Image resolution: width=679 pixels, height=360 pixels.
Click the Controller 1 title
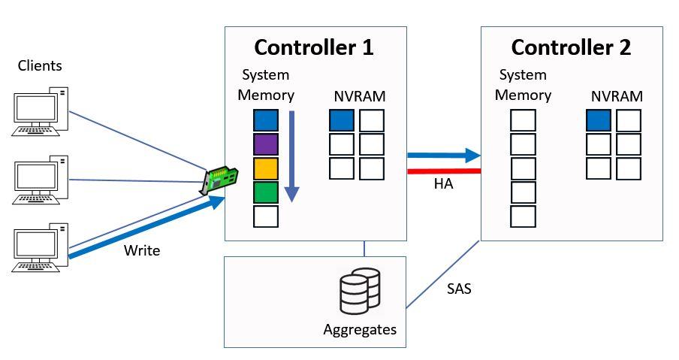pyautogui.click(x=314, y=47)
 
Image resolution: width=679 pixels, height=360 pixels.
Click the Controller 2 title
pyautogui.click(x=571, y=47)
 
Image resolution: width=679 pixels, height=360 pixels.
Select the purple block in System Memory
pyautogui.click(x=266, y=144)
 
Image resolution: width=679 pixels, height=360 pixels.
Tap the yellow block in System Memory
pyautogui.click(x=266, y=168)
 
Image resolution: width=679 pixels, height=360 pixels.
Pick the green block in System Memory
pyautogui.click(x=266, y=192)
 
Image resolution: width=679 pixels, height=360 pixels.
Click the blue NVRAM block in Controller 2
pyautogui.click(x=599, y=120)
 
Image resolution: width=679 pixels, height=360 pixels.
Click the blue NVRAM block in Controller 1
pyautogui.click(x=342, y=120)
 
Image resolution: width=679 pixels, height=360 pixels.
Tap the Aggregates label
pyautogui.click(x=360, y=329)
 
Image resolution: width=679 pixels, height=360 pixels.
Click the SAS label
pyautogui.click(x=458, y=288)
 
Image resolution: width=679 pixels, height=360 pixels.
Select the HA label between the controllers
pyautogui.click(x=443, y=184)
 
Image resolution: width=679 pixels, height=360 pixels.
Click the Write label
pyautogui.click(x=142, y=250)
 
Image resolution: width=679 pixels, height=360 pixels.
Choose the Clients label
pyautogui.click(x=40, y=66)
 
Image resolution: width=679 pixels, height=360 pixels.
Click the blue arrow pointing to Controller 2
pyautogui.click(x=443, y=156)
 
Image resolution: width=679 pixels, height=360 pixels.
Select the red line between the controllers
pyautogui.click(x=443, y=171)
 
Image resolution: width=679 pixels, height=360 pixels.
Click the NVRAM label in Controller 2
pyautogui.click(x=617, y=96)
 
